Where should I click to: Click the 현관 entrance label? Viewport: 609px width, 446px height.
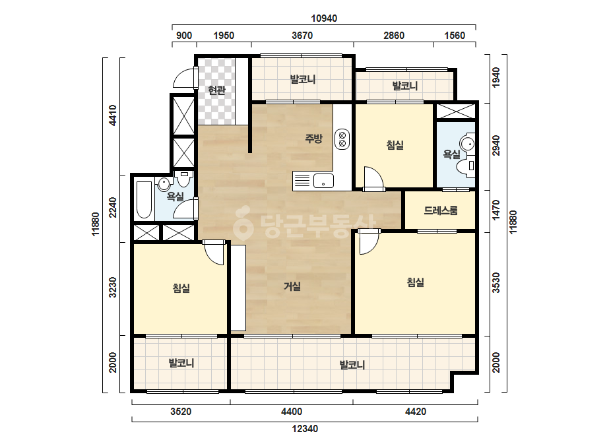tap(216, 90)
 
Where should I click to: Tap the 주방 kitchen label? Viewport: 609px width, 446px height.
tap(314, 139)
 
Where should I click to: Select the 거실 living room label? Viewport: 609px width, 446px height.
tap(292, 287)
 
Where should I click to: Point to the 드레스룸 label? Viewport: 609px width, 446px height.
tap(441, 210)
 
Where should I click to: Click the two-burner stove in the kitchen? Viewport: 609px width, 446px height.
tap(342, 139)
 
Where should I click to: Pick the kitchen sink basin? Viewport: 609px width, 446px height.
tap(323, 181)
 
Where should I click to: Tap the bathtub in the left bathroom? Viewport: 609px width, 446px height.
tap(144, 200)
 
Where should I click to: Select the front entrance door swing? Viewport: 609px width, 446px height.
tap(185, 78)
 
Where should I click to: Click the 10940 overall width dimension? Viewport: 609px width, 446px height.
tap(324, 18)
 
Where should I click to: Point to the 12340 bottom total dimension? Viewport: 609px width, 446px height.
tap(305, 429)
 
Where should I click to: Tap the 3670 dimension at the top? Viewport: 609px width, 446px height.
tap(302, 36)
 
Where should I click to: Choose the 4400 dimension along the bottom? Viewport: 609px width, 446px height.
tap(292, 412)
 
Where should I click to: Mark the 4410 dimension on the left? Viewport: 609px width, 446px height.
tap(113, 115)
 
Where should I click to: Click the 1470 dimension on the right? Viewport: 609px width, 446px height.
tap(496, 210)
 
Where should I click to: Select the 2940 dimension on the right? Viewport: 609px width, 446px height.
tap(496, 146)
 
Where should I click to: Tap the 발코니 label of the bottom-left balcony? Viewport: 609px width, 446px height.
tap(181, 364)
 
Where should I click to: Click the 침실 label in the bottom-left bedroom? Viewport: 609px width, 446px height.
tap(181, 288)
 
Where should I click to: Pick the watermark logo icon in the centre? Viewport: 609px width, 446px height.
tap(243, 224)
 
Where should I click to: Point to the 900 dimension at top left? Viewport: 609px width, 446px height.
tap(184, 36)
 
